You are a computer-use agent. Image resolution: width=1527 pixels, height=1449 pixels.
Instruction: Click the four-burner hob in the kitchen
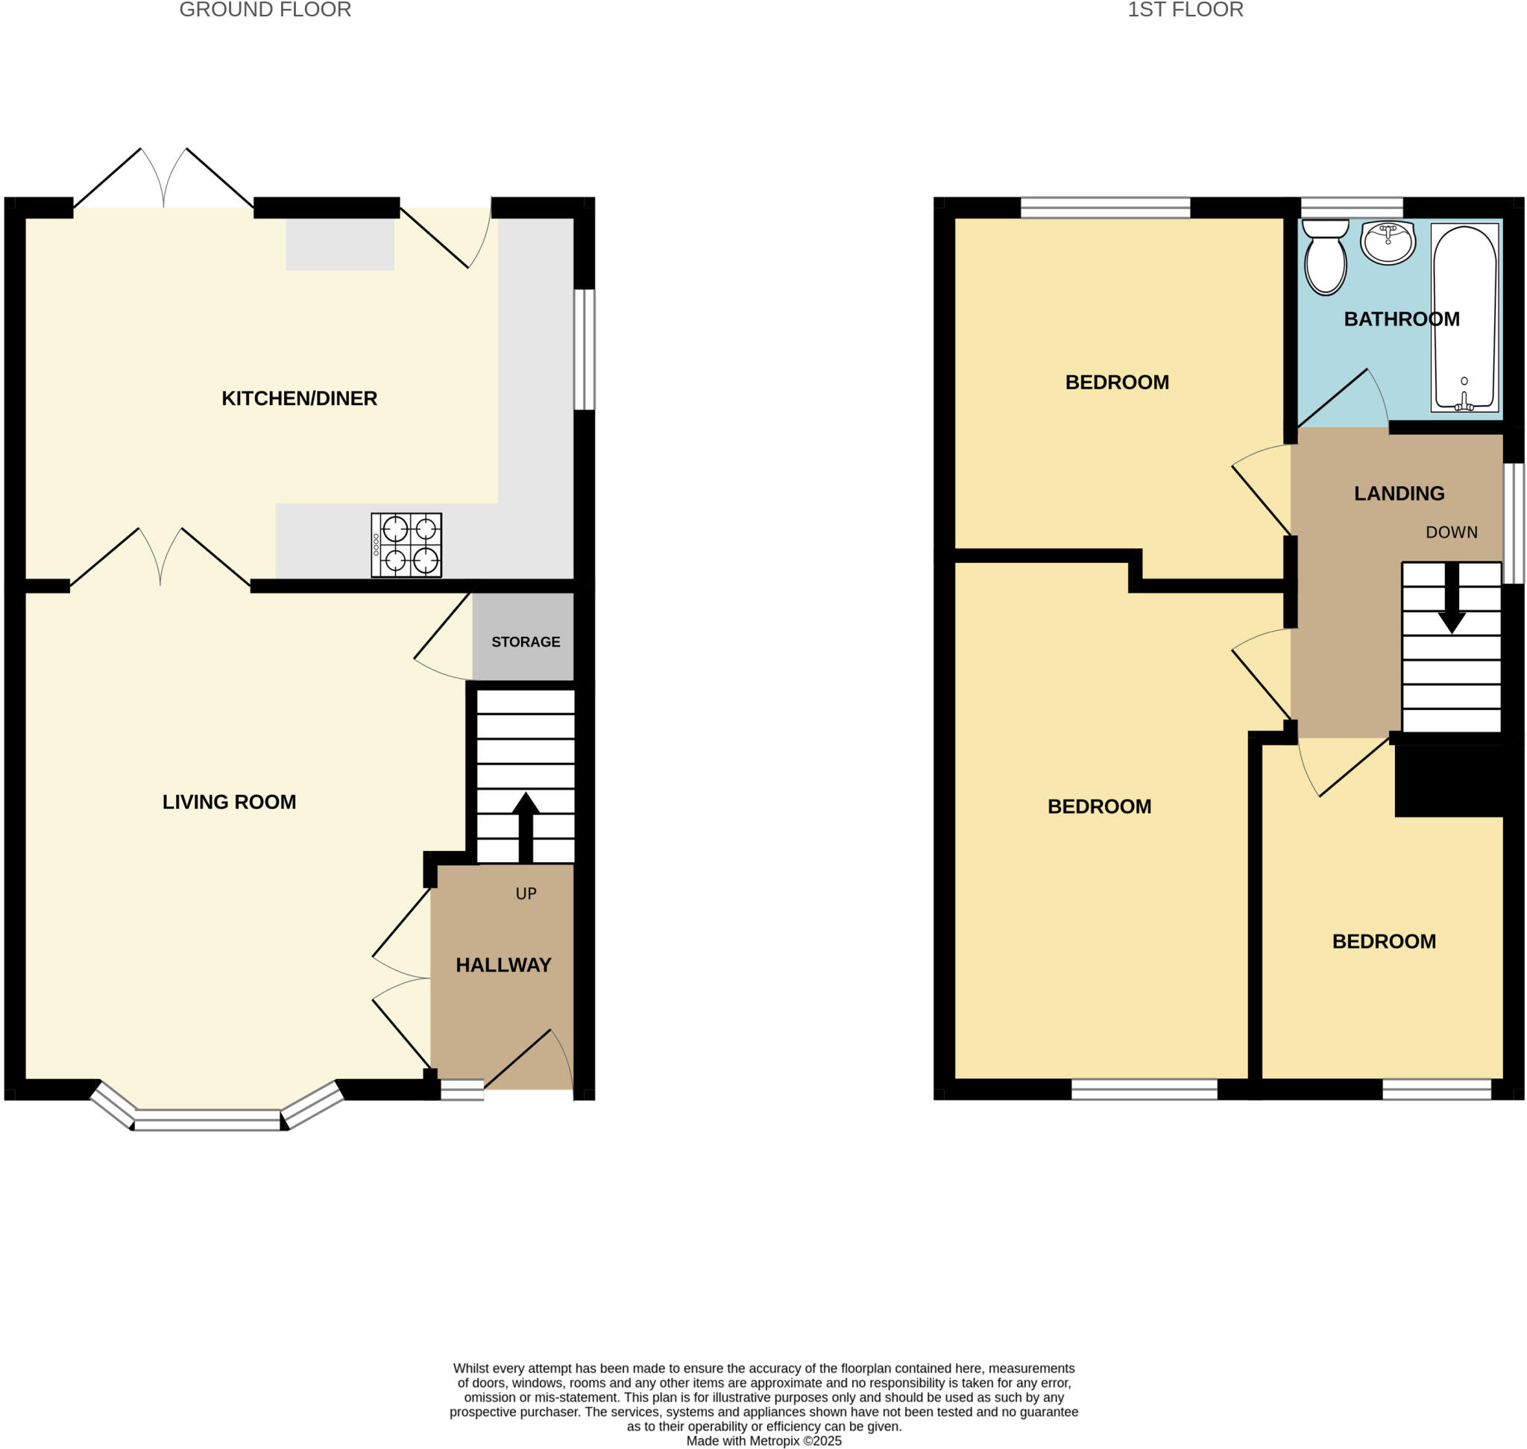tap(406, 544)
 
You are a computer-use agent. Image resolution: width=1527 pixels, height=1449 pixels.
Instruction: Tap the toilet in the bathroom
tap(1326, 257)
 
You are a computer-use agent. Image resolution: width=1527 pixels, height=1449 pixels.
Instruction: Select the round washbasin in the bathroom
tap(1388, 242)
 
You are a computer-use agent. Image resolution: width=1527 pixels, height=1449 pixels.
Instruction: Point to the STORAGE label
tap(525, 642)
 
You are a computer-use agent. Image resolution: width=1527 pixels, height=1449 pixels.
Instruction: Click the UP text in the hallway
tap(525, 893)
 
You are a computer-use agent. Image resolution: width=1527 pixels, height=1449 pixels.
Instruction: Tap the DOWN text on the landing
tap(1451, 532)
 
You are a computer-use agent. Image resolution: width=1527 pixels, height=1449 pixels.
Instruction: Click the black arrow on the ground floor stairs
tap(525, 826)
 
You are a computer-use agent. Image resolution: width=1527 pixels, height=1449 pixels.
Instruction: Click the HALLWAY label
tap(503, 965)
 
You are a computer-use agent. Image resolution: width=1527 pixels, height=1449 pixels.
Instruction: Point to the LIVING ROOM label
tap(229, 802)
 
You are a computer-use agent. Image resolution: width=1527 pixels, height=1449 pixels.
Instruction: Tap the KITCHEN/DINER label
tap(299, 397)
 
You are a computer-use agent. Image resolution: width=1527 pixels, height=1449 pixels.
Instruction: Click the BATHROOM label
tap(1401, 319)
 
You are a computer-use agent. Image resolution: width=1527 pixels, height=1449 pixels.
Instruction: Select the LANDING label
tap(1399, 493)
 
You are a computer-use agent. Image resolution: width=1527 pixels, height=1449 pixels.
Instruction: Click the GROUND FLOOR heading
tap(265, 10)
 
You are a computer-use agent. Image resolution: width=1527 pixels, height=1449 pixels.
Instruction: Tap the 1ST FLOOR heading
tap(1185, 10)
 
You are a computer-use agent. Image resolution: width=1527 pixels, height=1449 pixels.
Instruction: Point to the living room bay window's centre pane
tap(208, 1120)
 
